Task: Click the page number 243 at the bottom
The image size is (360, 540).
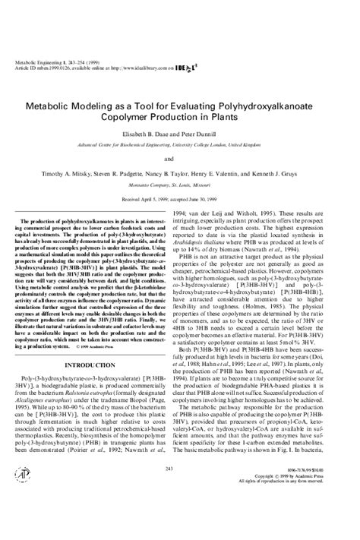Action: click(x=179, y=490)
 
